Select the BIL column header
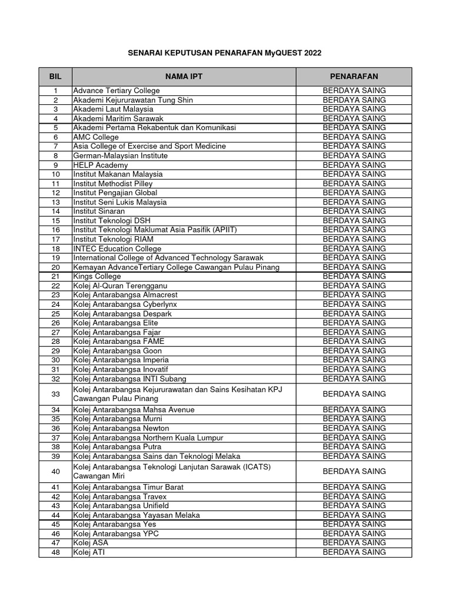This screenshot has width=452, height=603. point(55,77)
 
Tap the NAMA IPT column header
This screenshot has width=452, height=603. point(184,77)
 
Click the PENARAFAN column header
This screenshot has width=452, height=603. point(354,77)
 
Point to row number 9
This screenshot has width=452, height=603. point(55,165)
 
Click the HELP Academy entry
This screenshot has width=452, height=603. point(100,165)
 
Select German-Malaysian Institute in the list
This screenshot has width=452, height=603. point(120,155)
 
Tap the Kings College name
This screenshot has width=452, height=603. point(97,276)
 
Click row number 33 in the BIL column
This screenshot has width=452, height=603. point(55,394)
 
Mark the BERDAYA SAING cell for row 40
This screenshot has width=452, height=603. point(354,472)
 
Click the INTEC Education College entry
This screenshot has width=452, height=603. point(118,249)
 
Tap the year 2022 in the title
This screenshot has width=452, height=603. point(313,53)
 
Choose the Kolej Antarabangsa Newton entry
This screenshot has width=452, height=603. point(121,428)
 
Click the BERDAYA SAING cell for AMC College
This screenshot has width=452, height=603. point(354,137)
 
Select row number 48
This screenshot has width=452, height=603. point(55,552)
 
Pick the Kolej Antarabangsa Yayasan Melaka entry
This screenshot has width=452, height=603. point(136,515)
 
